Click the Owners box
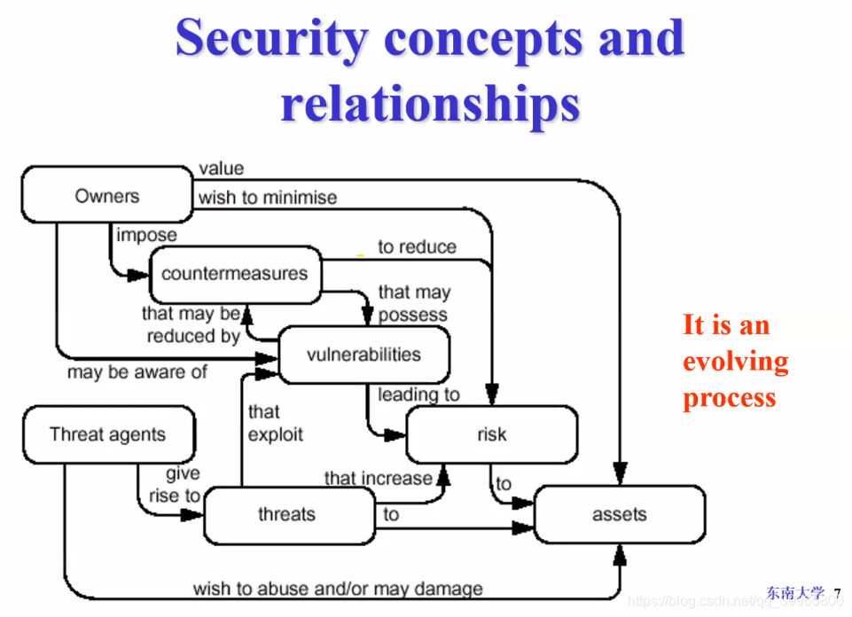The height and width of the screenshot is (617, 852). pos(106,195)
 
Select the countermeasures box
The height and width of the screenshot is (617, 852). pos(234,274)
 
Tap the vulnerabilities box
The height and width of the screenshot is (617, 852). pos(363,355)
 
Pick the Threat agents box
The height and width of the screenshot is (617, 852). pos(107,434)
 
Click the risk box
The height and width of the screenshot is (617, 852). pos(491,434)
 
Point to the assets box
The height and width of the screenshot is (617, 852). pos(619,514)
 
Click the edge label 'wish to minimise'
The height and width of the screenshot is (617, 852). pos(267,198)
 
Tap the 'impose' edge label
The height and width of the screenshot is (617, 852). pos(146,235)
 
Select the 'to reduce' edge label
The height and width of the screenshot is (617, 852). pos(417,246)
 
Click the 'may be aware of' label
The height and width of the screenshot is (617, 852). pos(137,372)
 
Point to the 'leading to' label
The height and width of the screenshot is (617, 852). pos(418,394)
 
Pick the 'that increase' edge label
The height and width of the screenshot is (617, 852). pos(378,478)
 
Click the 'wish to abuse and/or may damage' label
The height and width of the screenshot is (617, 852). pos(338,588)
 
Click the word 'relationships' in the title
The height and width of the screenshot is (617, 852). pos(430,102)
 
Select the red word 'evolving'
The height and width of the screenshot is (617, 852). pos(735,362)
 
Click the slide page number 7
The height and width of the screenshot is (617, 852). pos(837,592)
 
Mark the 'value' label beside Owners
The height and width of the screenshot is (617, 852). pos(221,168)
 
